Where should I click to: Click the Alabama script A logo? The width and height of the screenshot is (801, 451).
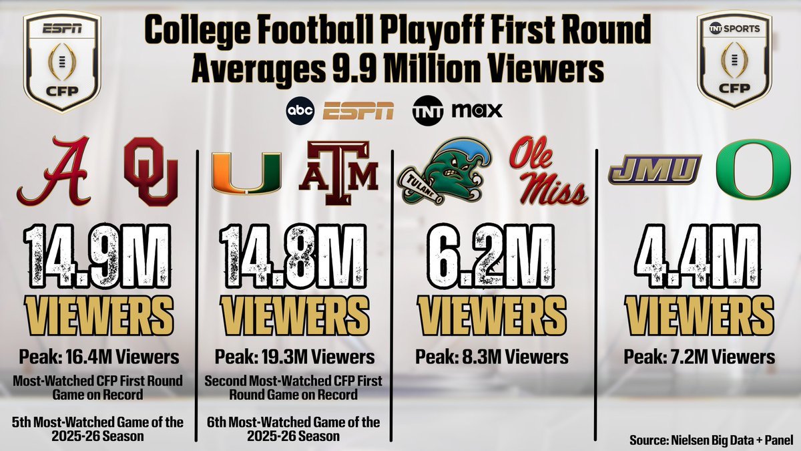pyautogui.click(x=53, y=170)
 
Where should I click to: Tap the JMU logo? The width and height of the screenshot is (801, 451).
pyautogui.click(x=654, y=170)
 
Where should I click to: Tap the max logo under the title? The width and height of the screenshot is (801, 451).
pyautogui.click(x=477, y=110)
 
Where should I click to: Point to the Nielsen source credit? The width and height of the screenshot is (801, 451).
pyautogui.click(x=711, y=440)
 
